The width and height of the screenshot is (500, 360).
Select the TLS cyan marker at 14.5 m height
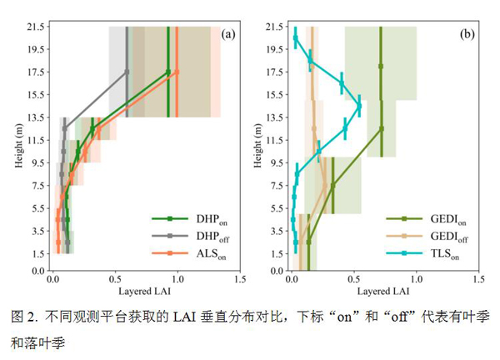(359, 107)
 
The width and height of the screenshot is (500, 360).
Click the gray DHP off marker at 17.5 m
(127, 72)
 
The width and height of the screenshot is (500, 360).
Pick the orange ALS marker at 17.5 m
(177, 72)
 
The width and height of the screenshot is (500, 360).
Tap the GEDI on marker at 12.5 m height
(381, 129)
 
